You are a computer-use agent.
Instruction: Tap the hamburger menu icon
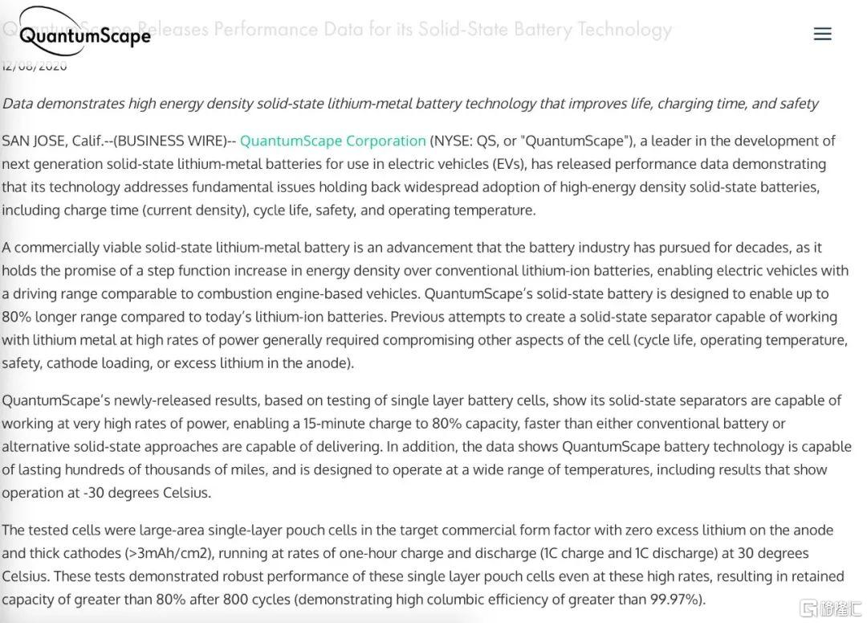(822, 34)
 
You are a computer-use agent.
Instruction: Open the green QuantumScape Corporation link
(332, 141)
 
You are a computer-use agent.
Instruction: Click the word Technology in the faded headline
(625, 30)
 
